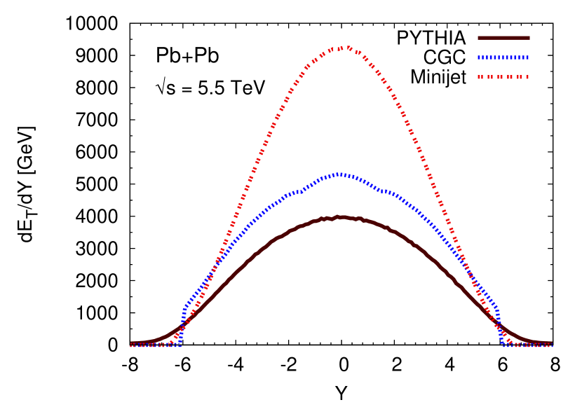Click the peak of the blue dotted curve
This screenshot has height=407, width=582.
point(340,174)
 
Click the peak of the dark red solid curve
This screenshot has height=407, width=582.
point(339,217)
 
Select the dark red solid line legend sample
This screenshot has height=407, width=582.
point(503,38)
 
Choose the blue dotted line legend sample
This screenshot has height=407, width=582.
point(503,57)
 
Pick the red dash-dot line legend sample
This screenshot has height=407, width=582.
point(503,77)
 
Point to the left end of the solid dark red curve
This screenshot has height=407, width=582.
point(132,344)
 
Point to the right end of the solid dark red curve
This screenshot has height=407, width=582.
point(551,344)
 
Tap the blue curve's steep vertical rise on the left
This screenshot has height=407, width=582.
point(182,326)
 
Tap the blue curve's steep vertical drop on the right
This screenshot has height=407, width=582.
point(499,326)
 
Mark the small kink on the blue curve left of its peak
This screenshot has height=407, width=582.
point(302,191)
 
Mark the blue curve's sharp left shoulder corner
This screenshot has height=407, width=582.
point(185,307)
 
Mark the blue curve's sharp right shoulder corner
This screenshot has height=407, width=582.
point(497,307)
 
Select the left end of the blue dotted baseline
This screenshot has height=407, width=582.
point(132,345)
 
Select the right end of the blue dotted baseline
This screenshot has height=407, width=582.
point(551,345)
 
